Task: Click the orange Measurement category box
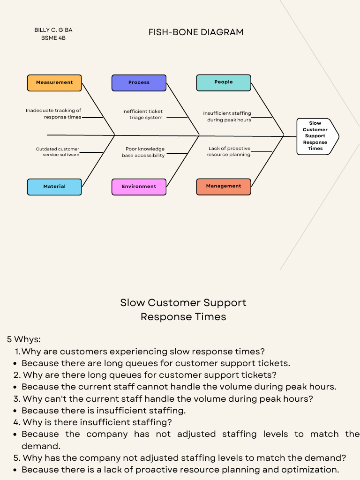click(x=54, y=82)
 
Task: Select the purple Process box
click(x=139, y=82)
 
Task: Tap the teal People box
click(x=223, y=82)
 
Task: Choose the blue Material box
click(x=54, y=187)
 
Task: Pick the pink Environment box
click(x=139, y=187)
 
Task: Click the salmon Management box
click(x=223, y=186)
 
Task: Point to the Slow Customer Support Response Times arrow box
click(x=315, y=136)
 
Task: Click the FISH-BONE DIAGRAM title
click(x=196, y=32)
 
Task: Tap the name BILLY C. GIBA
click(x=53, y=30)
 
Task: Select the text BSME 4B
click(x=53, y=38)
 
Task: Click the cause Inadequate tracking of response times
click(x=53, y=114)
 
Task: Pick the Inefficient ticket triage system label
click(x=142, y=114)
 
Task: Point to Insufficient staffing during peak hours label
click(x=227, y=117)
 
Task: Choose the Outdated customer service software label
click(x=58, y=152)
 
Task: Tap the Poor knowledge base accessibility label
click(x=143, y=152)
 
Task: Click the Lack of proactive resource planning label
click(x=229, y=151)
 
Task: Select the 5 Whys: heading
click(x=24, y=339)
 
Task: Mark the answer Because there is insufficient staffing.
click(x=104, y=411)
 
